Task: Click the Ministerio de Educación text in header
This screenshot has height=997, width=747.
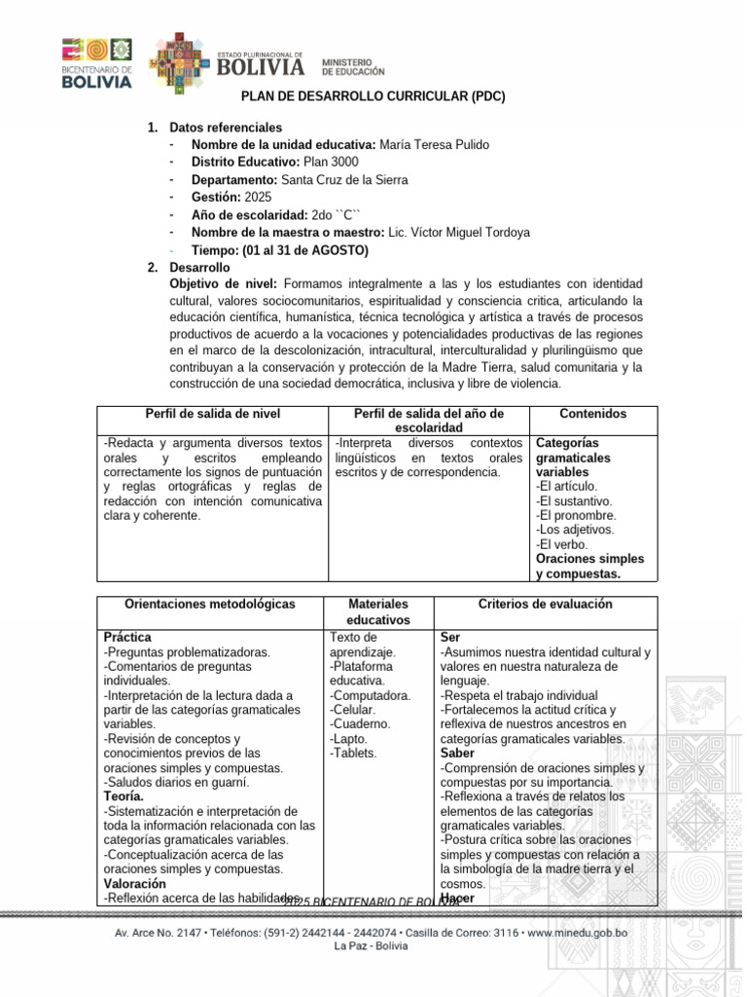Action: (353, 66)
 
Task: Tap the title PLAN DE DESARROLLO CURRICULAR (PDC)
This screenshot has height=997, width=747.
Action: (373, 97)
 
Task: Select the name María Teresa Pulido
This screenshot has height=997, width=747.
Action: (434, 145)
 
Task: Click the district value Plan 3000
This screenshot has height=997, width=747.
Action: (331, 163)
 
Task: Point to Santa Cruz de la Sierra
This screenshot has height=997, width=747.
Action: (344, 180)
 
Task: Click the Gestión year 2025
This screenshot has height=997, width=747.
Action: (259, 198)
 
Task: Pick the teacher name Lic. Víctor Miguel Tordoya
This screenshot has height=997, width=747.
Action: (459, 233)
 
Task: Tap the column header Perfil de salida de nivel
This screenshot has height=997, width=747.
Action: (213, 414)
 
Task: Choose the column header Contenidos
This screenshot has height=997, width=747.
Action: (593, 414)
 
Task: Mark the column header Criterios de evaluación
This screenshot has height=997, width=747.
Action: (545, 604)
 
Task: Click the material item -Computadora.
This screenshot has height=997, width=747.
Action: (370, 695)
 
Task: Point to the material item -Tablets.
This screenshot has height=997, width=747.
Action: (354, 753)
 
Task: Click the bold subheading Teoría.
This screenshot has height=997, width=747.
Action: (124, 796)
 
